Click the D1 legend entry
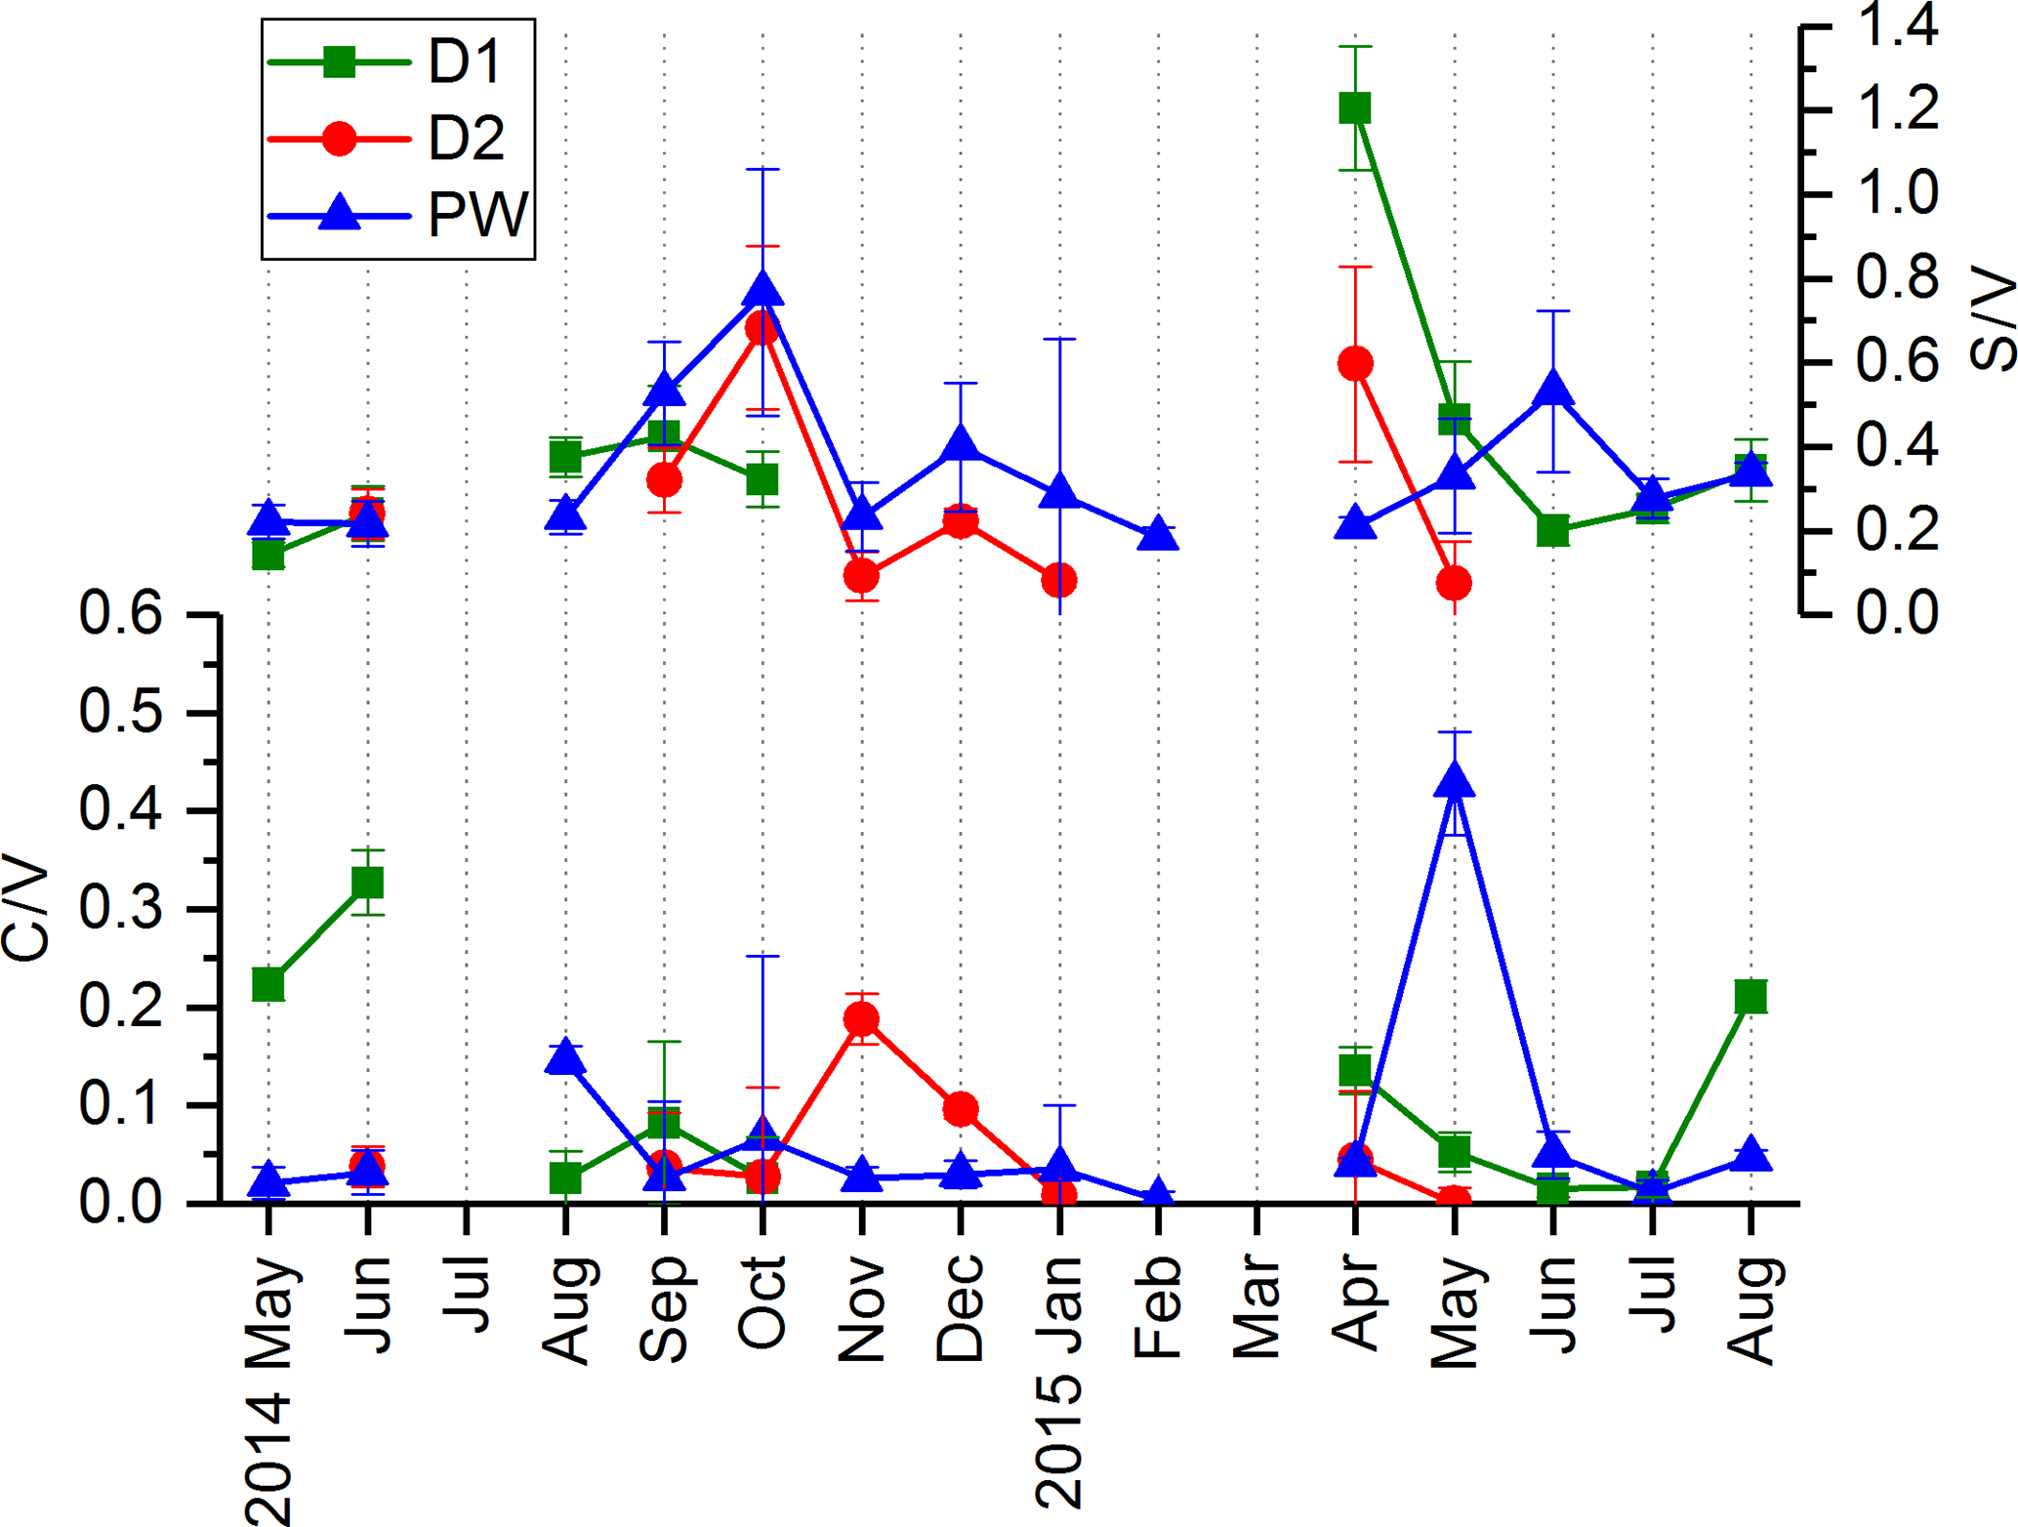coord(398,62)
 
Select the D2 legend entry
coord(398,139)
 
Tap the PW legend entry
coord(398,214)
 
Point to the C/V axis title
coord(26,909)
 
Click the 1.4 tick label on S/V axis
coord(1897,26)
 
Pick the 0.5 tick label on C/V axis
coord(120,714)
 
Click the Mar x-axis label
coord(1256,1308)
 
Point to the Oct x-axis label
coord(762,1302)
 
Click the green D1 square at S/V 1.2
coord(1355,108)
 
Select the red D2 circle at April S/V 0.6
coord(1355,364)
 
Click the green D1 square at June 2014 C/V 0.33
coord(367,883)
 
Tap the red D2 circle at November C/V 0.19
coord(861,1019)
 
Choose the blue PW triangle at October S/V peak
coord(762,291)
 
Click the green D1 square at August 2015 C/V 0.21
coord(1750,997)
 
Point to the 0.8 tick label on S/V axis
coord(1897,279)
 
